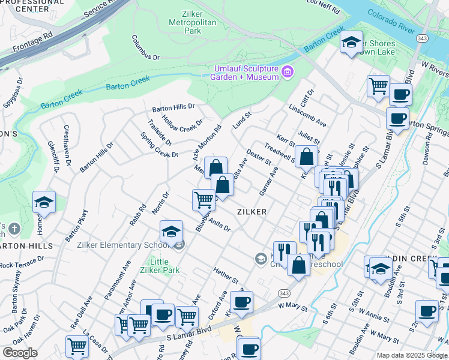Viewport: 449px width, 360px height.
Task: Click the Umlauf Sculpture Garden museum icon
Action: [288, 73]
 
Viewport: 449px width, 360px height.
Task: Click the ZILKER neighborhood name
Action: [252, 212]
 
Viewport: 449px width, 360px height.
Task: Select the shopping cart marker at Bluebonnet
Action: [203, 200]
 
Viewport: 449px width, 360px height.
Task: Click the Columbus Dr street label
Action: [146, 47]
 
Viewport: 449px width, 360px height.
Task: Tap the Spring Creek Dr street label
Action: [159, 149]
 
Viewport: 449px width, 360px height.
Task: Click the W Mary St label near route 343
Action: [292, 305]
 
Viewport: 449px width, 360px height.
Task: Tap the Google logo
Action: [20, 353]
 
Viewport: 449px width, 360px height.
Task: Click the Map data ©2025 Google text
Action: [412, 355]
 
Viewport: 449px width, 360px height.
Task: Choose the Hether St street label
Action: [226, 275]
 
